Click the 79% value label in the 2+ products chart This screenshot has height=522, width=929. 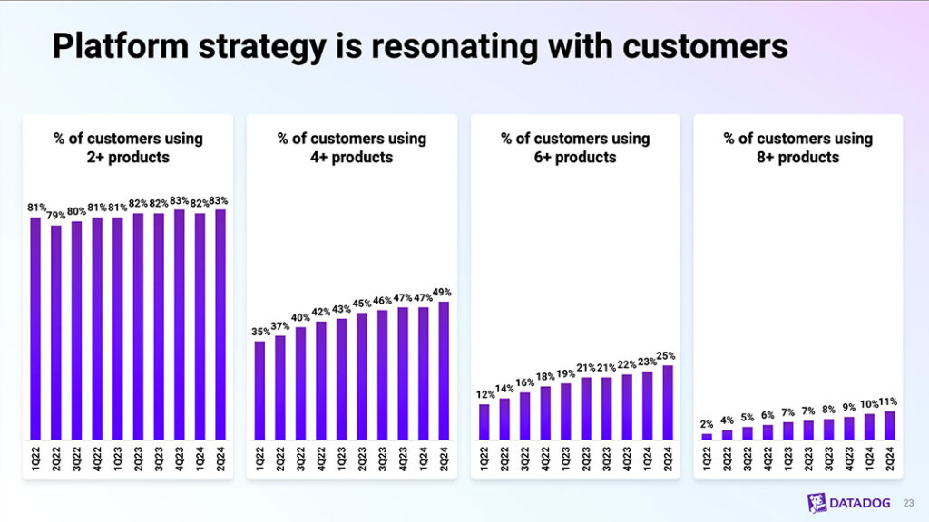pos(55,216)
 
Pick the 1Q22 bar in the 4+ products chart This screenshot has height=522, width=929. pos(260,390)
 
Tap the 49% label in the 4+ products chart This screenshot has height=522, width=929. pos(443,292)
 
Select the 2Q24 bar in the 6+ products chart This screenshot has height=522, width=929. pos(668,402)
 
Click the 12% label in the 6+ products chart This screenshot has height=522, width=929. pos(484,394)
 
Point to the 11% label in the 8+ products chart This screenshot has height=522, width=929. pos(890,401)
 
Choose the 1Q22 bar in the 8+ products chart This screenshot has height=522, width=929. pos(707,436)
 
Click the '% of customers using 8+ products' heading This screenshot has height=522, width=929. pos(797,148)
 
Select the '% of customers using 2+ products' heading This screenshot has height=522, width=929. pos(128,148)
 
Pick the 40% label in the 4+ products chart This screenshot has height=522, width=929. pos(301,317)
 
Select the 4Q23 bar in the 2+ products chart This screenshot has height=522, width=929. pos(179,324)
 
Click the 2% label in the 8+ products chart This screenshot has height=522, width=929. pos(707,424)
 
